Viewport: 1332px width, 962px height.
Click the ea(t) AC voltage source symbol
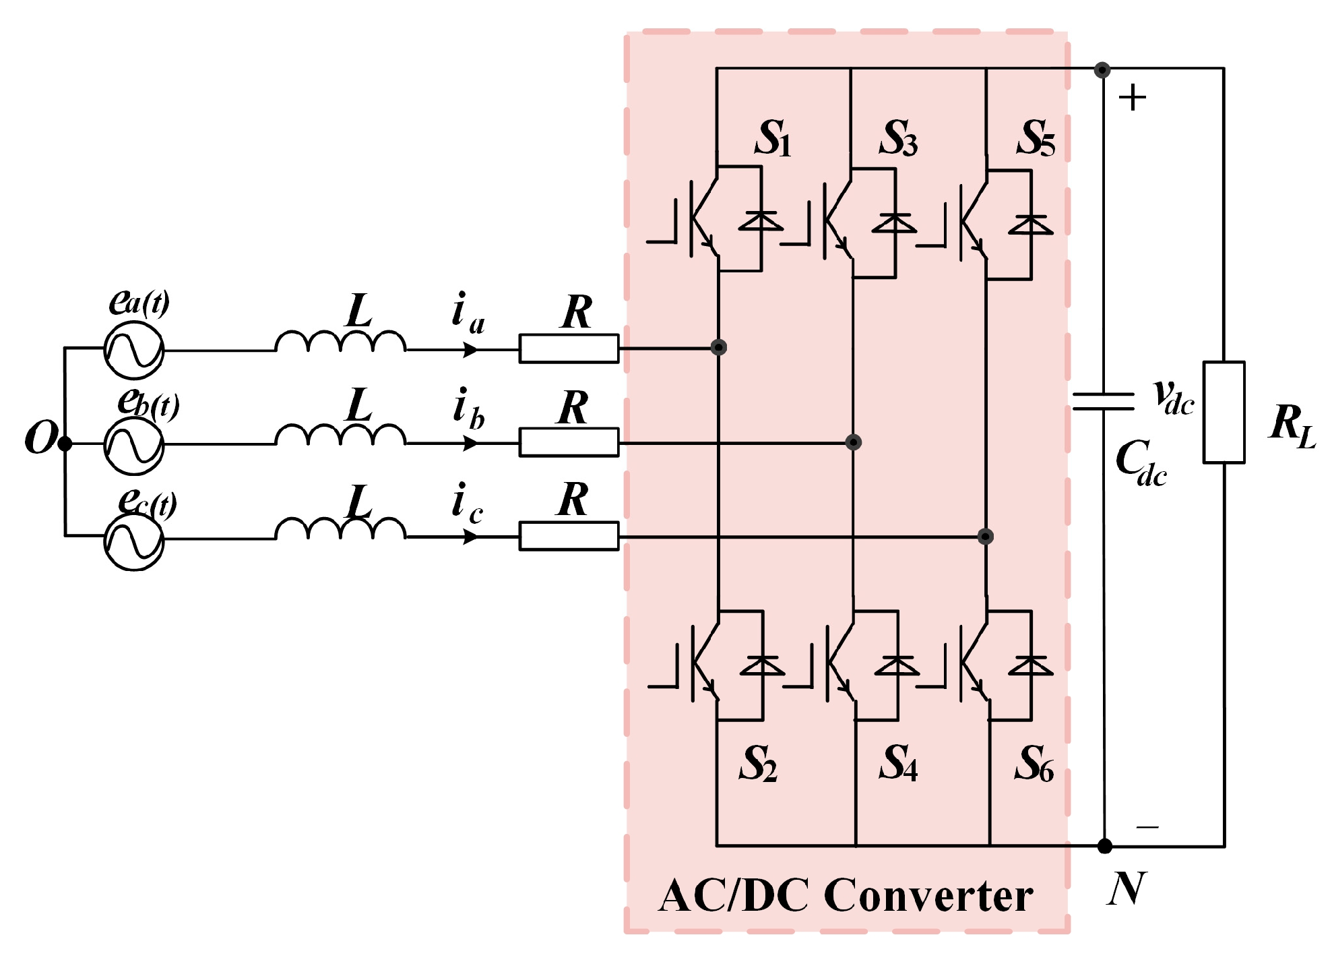133,350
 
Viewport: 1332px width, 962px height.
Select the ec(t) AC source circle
133,540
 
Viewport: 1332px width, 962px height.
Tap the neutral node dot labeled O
65,444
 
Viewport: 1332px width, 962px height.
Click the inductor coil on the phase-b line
340,435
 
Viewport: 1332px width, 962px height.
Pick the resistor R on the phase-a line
568,349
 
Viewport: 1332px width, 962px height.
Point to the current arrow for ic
470,537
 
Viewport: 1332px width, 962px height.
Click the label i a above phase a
467,313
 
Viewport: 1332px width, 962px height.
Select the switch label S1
773,140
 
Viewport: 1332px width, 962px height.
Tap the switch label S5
1036,140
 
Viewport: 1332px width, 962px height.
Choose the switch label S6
1034,764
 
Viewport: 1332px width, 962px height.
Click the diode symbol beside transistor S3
895,223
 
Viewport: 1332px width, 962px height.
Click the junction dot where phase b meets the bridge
853,442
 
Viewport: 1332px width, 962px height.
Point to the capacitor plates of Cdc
1103,401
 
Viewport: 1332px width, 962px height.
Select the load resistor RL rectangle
1224,413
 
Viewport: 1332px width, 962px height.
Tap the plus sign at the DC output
1132,98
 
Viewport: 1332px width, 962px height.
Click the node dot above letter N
1104,845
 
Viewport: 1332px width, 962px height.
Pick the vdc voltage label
1173,398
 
